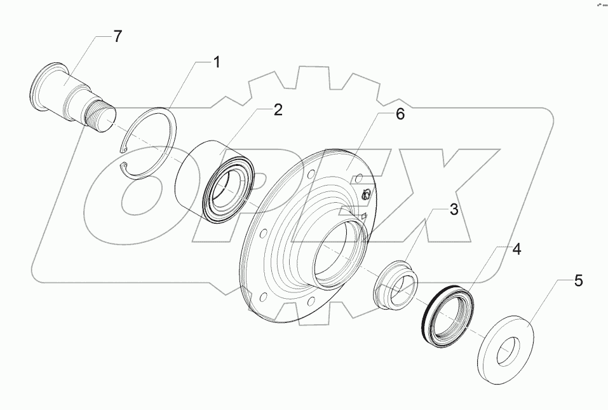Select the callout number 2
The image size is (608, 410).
point(278,110)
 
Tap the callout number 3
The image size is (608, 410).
point(454,210)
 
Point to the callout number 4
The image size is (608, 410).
point(517,249)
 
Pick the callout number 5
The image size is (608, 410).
point(578,281)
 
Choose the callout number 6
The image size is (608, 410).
point(400,114)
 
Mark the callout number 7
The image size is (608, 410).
point(118,36)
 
